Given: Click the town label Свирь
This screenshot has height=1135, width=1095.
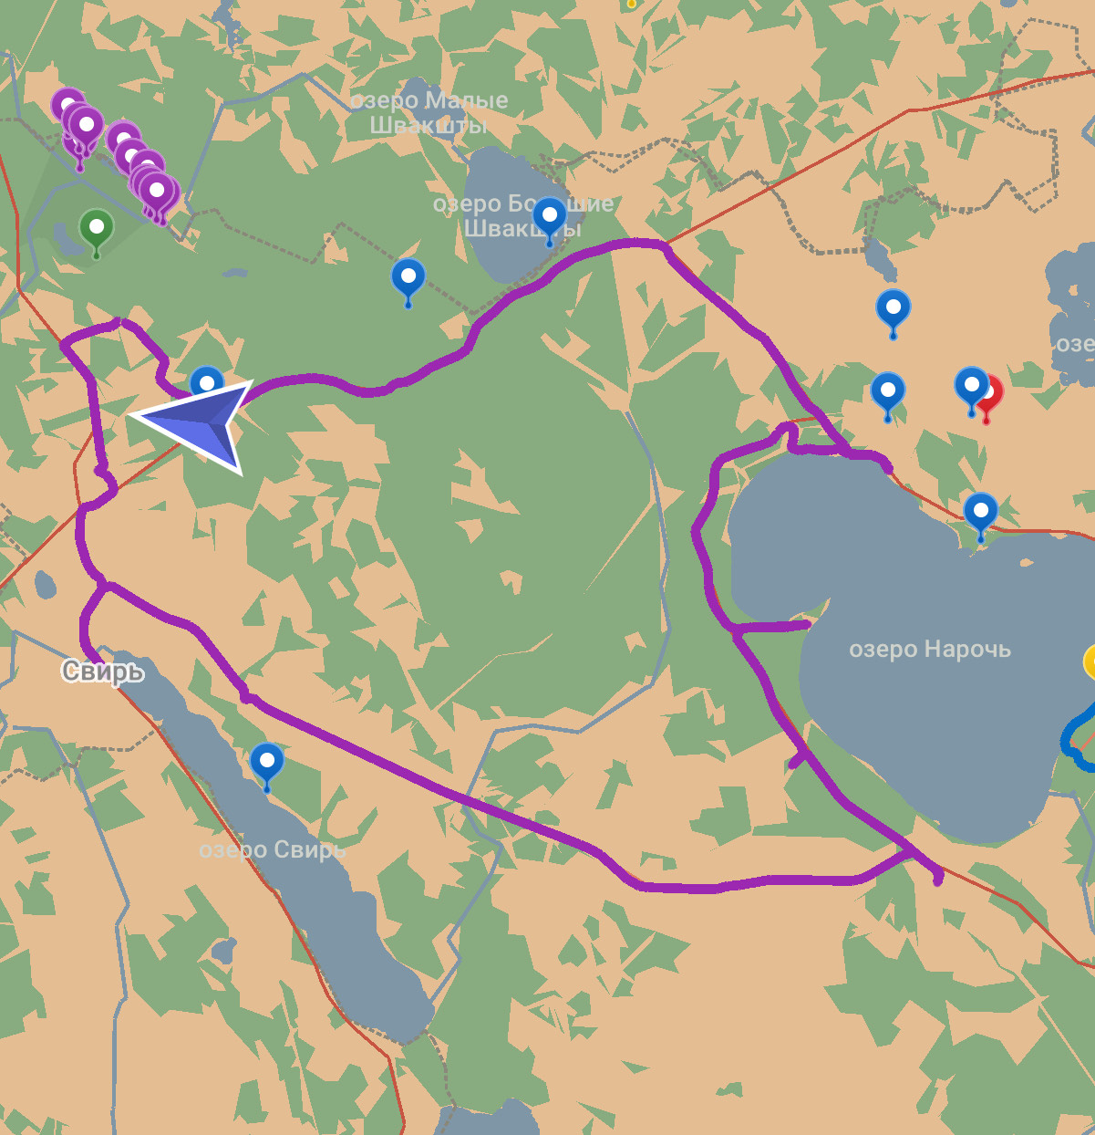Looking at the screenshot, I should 103,672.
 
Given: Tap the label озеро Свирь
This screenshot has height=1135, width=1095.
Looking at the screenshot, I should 272,850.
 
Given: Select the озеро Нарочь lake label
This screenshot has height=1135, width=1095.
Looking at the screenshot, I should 929,650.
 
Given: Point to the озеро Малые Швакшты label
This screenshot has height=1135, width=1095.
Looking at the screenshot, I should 429,112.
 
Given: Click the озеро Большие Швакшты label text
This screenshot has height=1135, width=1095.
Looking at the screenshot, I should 522,216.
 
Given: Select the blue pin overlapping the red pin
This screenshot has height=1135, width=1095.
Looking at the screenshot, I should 970,386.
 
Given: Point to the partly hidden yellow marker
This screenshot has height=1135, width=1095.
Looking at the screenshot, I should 1090,661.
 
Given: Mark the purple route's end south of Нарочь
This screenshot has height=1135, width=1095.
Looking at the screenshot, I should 937,880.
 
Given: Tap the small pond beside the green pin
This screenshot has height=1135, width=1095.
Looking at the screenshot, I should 67,240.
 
